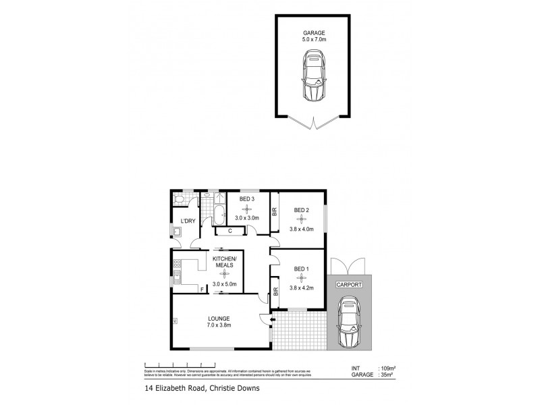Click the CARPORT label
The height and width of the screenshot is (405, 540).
coord(349,285)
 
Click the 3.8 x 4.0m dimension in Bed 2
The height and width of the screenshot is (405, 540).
coord(301,228)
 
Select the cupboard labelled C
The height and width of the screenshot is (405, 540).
coord(230,231)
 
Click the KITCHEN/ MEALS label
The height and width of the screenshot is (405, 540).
coord(223,262)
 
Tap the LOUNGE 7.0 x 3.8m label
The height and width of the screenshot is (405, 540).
coord(219,322)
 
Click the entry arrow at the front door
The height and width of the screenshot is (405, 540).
coord(272,319)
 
